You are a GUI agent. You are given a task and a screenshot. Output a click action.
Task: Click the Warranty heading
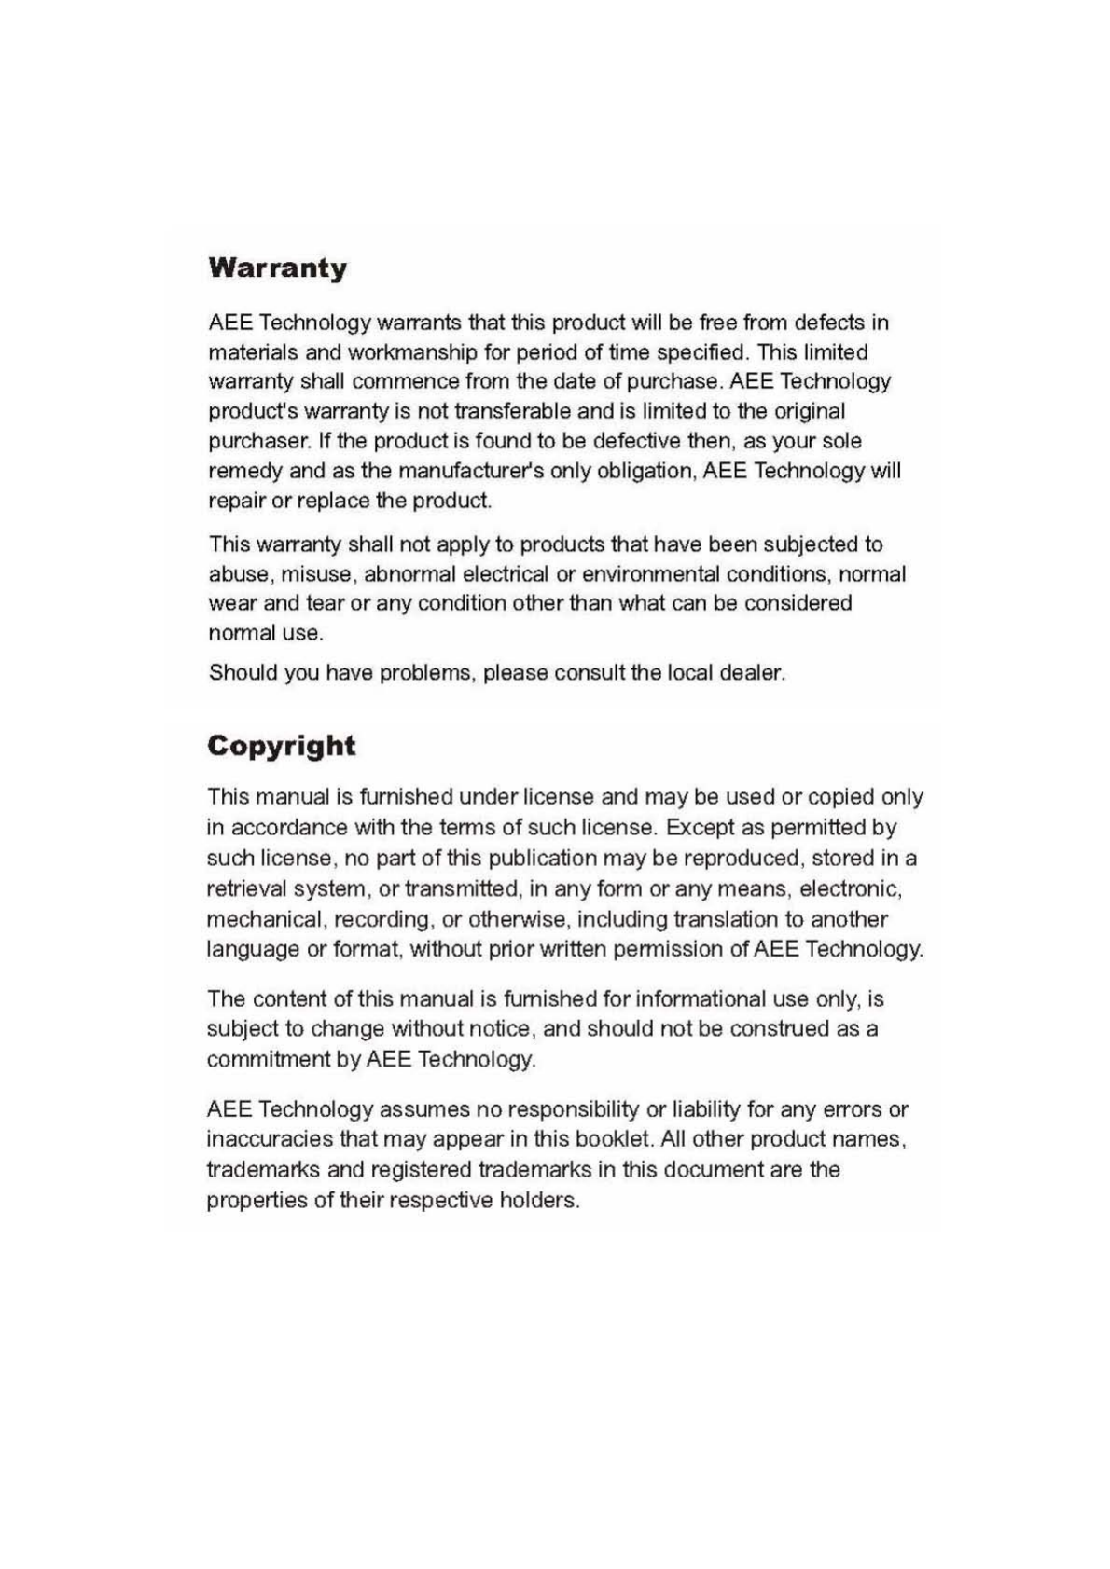point(277,268)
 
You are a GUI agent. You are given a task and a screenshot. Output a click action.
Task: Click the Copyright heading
point(281,746)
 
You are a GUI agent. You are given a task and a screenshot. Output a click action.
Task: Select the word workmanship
point(412,352)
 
